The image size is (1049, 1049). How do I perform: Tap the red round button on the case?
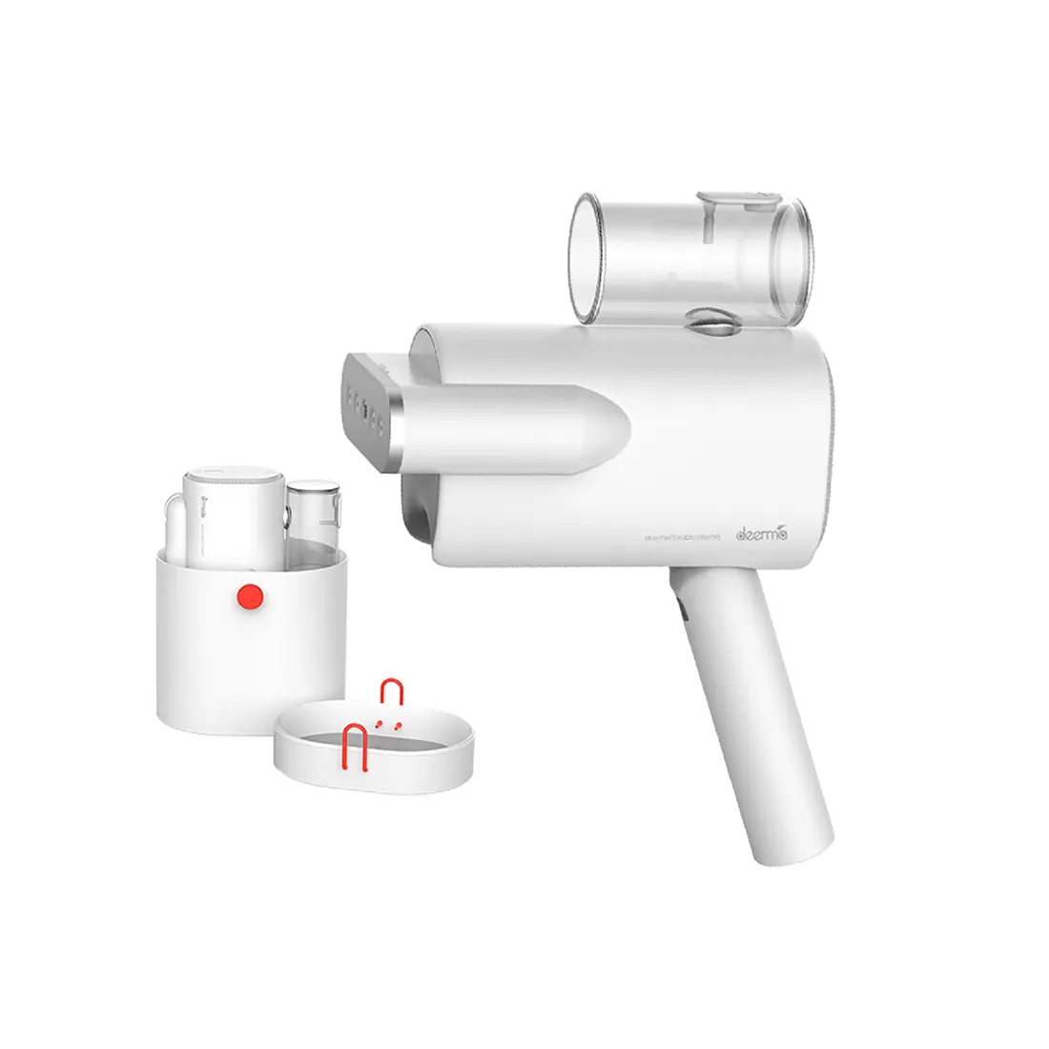[x=251, y=597]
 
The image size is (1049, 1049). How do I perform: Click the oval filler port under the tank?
[x=707, y=322]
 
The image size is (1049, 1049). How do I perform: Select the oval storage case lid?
[x=374, y=749]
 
